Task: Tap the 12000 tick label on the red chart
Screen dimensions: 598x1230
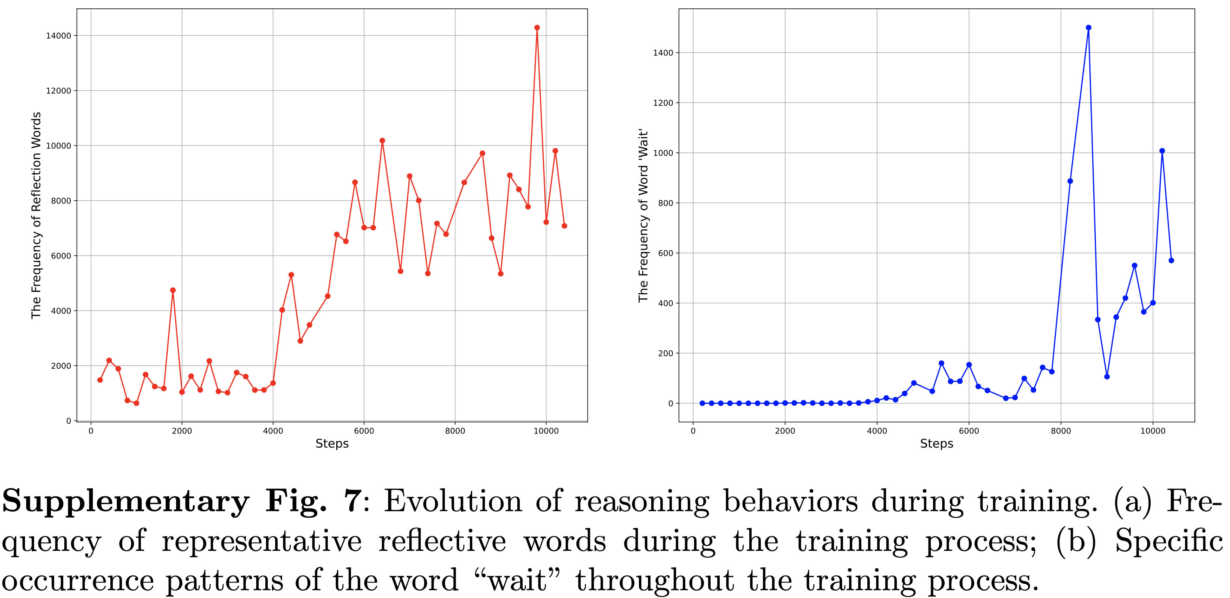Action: [58, 91]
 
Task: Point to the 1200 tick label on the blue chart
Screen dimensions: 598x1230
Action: [663, 103]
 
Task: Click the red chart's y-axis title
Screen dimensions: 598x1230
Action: [36, 215]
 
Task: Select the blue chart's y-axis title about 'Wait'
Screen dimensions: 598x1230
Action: [643, 215]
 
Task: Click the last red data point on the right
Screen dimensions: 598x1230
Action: [564, 226]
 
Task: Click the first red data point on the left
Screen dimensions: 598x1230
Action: [100, 380]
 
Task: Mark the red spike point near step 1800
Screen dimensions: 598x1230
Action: [173, 290]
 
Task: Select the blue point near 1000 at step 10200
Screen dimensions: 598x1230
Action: [1162, 151]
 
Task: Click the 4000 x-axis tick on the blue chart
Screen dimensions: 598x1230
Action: [877, 431]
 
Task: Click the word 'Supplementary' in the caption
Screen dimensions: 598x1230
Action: [125, 502]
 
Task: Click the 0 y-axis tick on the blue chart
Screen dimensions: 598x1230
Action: [671, 404]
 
